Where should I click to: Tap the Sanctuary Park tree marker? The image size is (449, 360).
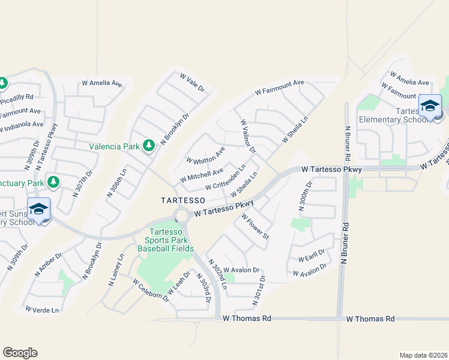coord(53,181)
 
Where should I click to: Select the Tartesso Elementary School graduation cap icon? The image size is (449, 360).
coord(430,106)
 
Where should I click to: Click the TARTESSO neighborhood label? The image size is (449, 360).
coord(182,199)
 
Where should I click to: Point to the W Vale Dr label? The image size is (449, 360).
coord(193,82)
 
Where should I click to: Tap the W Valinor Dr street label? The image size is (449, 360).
coord(249,136)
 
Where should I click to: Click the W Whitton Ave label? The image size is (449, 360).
coord(205,155)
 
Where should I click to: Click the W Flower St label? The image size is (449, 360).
coord(256,227)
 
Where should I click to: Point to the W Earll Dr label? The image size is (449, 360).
coord(312,256)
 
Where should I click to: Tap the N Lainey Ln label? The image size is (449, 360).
coord(116,271)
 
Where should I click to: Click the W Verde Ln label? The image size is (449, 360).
coord(42,310)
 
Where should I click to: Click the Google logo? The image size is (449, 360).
coord(20,352)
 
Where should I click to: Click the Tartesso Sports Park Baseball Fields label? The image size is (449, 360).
coord(166,240)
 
